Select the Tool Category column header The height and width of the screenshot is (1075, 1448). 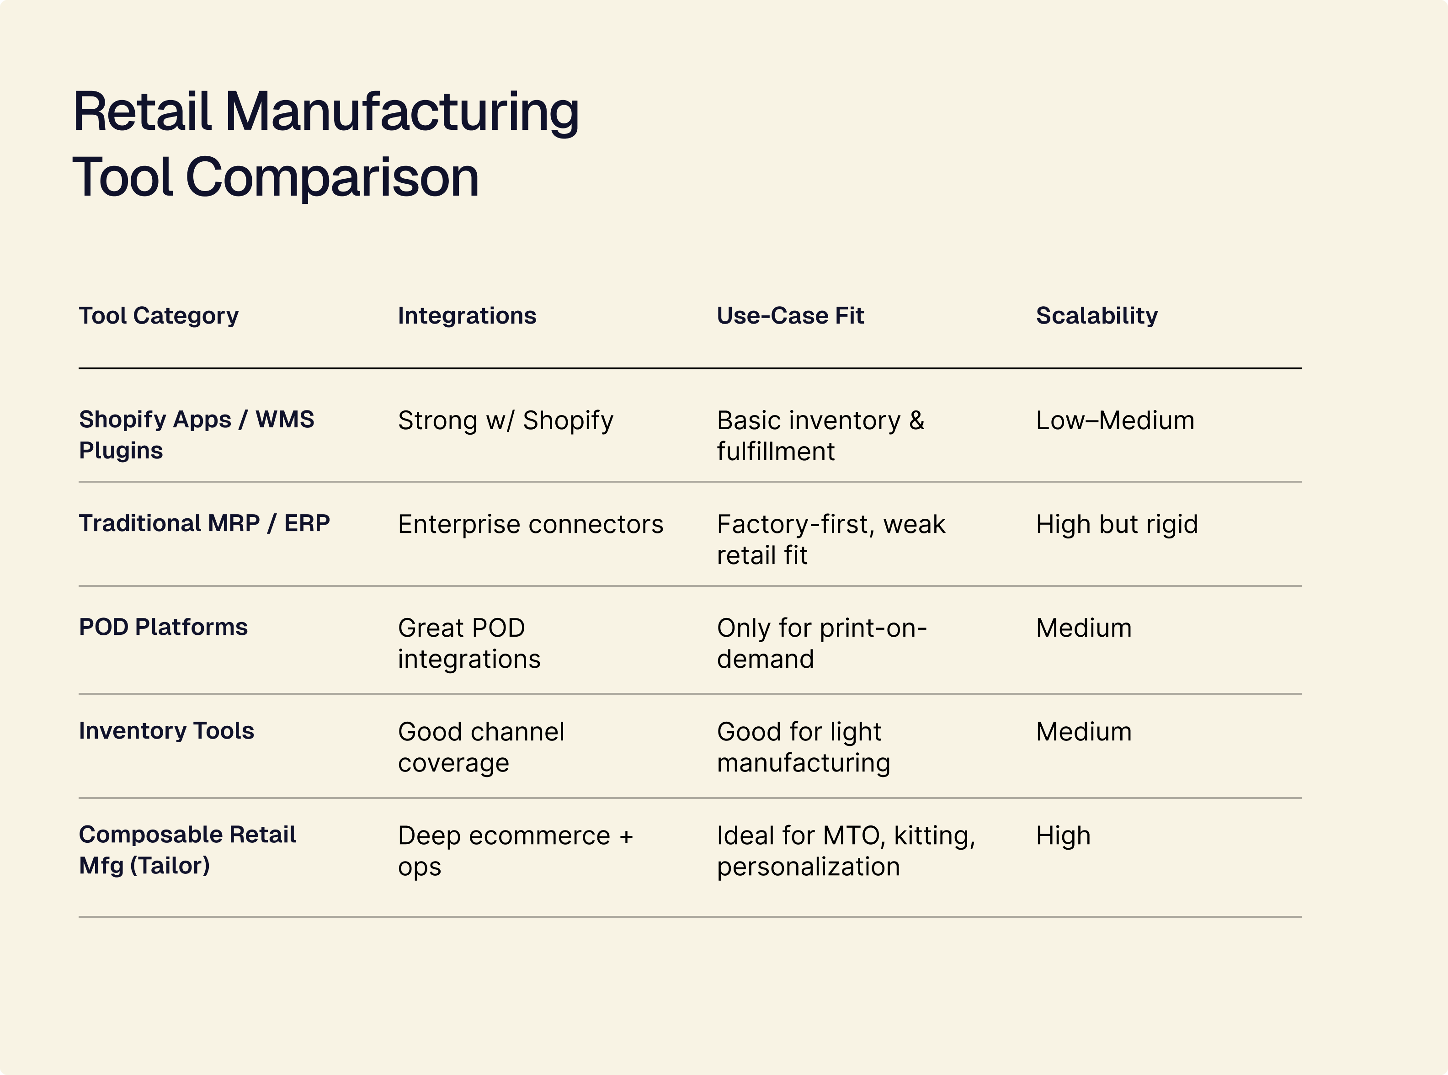[159, 316]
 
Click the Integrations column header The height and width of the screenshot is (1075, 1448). [467, 316]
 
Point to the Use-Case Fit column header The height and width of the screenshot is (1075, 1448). [790, 316]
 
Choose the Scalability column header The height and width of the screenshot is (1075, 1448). [1097, 316]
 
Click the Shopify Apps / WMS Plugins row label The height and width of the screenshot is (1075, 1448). [196, 435]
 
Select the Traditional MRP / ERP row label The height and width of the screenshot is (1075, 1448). [204, 523]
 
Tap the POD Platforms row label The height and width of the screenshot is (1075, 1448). [163, 627]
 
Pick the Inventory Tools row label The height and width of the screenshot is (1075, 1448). [166, 731]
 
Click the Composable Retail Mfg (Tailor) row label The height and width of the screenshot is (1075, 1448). [187, 850]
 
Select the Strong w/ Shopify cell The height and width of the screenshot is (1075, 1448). [506, 420]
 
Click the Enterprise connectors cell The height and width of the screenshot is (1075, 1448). [530, 525]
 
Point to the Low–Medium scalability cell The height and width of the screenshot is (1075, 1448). [1115, 420]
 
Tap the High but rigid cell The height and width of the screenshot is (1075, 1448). [1117, 525]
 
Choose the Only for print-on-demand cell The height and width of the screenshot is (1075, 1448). [821, 644]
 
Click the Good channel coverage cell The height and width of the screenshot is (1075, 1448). [481, 747]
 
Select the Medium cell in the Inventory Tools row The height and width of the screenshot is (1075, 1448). [1084, 732]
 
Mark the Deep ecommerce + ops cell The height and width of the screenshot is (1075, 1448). [515, 851]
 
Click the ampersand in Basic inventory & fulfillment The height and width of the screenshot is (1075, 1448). [916, 421]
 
